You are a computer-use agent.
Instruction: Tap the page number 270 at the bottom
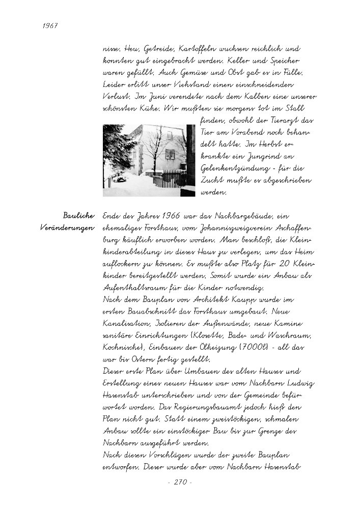(179, 482)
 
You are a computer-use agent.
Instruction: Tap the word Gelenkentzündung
(233, 169)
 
